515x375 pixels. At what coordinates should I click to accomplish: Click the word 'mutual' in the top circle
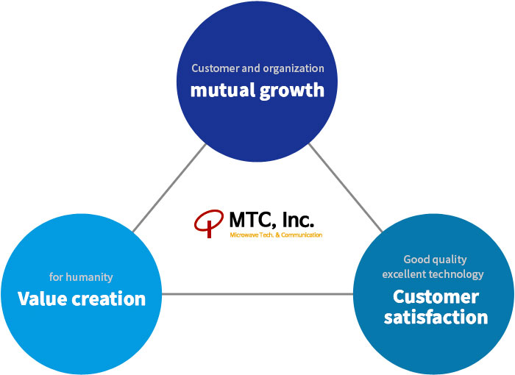pos(223,90)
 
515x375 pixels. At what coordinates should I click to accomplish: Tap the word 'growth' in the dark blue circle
pos(292,91)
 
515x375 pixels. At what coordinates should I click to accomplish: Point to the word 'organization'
pos(294,68)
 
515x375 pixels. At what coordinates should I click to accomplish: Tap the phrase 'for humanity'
pos(81,277)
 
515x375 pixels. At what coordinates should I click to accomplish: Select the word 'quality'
pos(450,260)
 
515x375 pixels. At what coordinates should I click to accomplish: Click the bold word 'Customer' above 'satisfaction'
pos(436,297)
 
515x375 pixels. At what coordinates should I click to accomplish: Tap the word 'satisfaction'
pos(436,317)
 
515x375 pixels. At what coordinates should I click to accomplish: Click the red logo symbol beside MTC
pos(209,224)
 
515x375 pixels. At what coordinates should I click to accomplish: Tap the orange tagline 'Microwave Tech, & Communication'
pos(276,235)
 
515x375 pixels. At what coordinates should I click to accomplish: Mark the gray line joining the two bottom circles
pos(257,294)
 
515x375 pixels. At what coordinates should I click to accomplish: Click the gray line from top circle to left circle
pos(169,187)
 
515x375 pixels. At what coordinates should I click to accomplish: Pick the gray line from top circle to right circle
pos(346,187)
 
